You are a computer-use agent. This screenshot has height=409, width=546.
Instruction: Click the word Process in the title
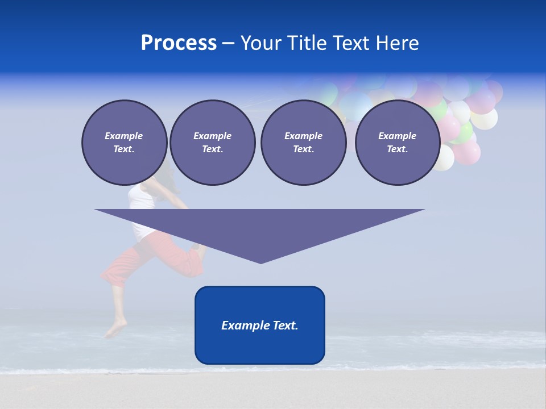[179, 43]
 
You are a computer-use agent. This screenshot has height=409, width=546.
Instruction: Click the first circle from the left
[124, 143]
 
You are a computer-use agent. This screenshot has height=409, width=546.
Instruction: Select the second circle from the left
[212, 143]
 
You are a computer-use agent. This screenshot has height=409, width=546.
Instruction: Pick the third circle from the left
[303, 143]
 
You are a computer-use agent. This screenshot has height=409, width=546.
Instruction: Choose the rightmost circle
[397, 143]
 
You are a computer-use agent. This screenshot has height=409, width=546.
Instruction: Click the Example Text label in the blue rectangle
[260, 325]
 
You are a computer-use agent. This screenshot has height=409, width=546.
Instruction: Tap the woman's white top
[139, 199]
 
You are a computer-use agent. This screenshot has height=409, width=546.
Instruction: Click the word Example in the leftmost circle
[124, 136]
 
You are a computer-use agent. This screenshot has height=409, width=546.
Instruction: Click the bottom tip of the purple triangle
[260, 262]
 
